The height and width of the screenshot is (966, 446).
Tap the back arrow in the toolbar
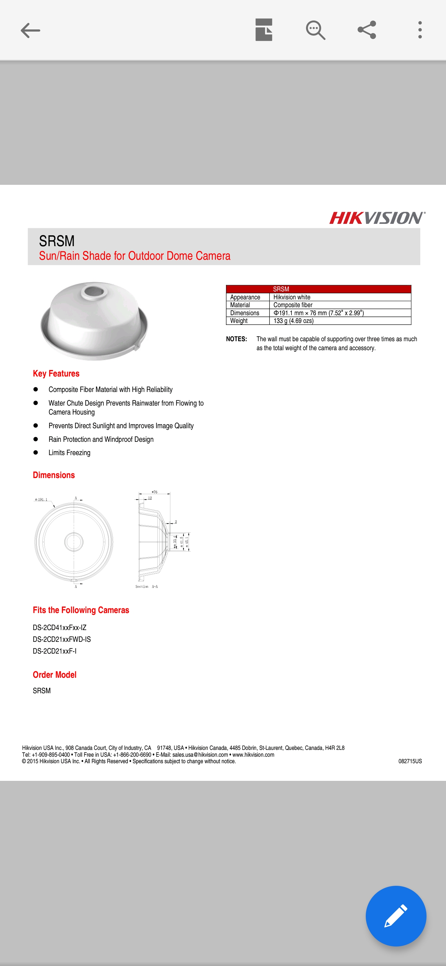(30, 30)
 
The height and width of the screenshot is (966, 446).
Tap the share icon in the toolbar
(366, 30)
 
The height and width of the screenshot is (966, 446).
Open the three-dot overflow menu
(420, 30)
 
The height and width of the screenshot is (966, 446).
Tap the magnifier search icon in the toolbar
(315, 30)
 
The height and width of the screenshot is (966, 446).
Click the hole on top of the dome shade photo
(94, 291)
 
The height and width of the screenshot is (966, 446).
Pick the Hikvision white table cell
(292, 297)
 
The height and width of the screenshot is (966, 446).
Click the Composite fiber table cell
(293, 305)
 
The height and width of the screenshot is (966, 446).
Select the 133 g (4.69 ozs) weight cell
(293, 321)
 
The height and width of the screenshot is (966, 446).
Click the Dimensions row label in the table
(245, 313)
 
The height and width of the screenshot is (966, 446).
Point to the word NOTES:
(236, 339)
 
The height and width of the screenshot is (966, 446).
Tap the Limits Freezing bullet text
(69, 453)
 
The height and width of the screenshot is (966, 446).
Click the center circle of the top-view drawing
(74, 541)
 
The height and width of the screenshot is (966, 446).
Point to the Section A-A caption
(146, 586)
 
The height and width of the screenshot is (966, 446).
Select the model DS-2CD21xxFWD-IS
(62, 639)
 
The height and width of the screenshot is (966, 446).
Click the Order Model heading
(55, 675)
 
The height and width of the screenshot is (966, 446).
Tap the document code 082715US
(410, 761)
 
